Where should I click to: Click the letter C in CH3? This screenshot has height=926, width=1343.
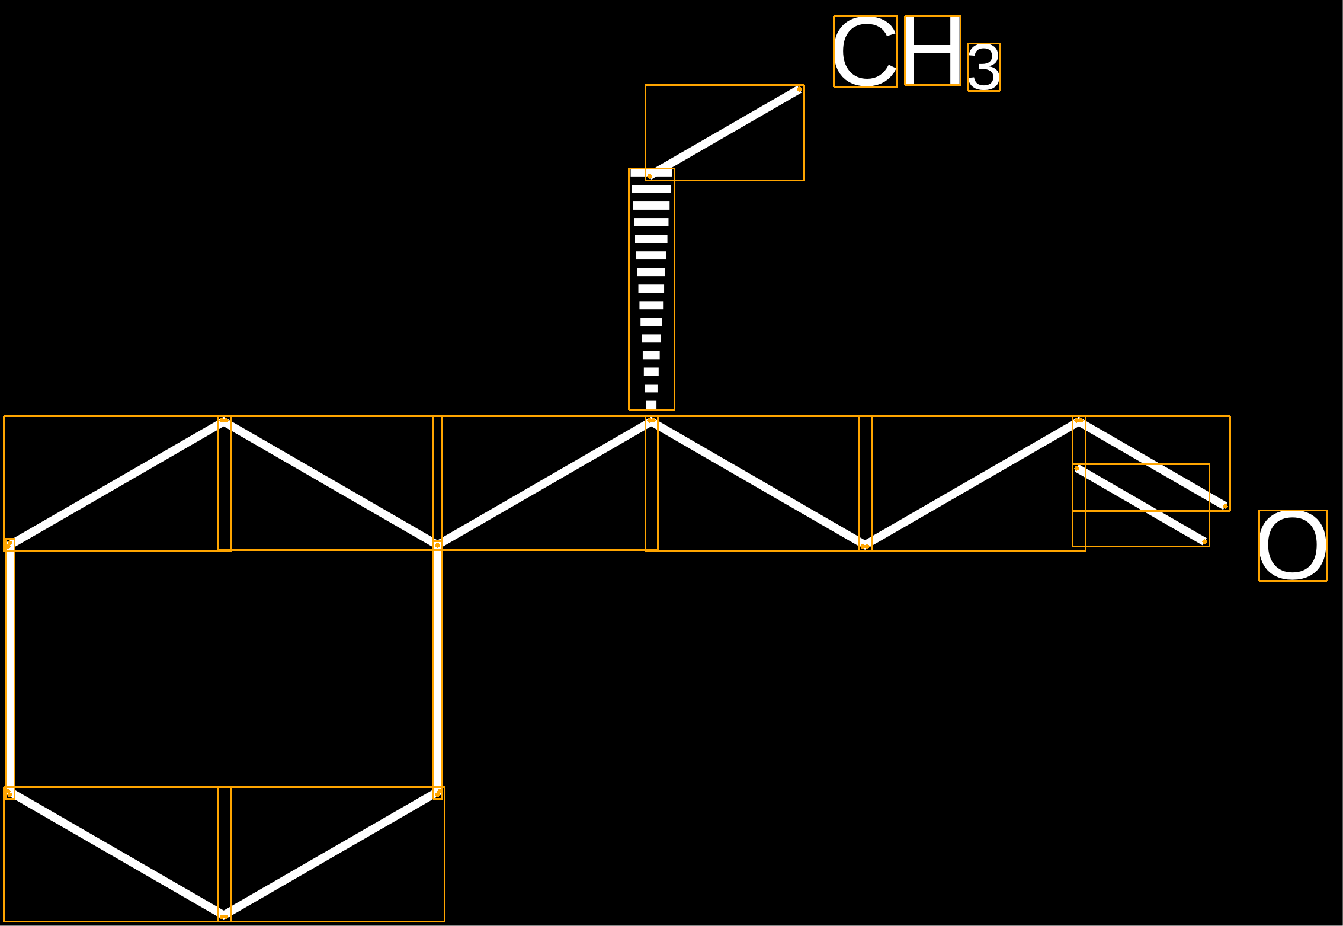[865, 52]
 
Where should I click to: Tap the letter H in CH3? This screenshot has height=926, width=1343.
[932, 51]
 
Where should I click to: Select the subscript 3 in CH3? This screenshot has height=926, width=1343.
[983, 68]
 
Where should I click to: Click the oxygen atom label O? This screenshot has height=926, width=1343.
[1292, 546]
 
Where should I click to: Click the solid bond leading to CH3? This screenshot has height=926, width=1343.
[725, 132]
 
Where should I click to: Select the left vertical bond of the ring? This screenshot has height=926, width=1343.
[9, 668]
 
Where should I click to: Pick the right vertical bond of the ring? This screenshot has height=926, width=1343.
[438, 668]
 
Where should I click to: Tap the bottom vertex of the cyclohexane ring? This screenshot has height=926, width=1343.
[224, 915]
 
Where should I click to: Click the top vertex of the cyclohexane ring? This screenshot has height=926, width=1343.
[224, 421]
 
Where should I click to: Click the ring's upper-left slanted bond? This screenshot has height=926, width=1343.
[116, 483]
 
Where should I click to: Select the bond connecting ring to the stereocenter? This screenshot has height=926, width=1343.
[544, 483]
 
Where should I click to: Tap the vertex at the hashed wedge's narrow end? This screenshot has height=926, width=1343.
[651, 421]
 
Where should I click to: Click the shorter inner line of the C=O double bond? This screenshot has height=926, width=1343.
[1140, 505]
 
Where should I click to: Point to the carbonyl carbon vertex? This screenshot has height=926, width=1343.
[1079, 421]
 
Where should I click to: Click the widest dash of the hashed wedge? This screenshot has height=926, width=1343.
[651, 173]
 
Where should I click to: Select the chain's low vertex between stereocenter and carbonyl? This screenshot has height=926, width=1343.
[865, 545]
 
